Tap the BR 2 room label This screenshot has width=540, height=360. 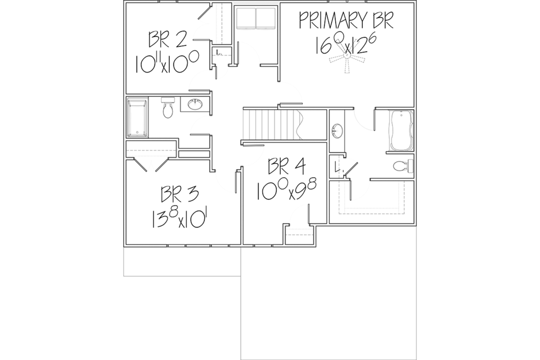(167, 39)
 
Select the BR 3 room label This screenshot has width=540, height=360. (180, 194)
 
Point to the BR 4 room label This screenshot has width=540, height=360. (287, 166)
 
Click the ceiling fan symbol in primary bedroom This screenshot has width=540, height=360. (347, 57)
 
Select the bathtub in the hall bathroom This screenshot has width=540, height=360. (137, 117)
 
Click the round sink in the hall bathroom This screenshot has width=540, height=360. (195, 104)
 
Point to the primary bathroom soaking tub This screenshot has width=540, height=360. (401, 130)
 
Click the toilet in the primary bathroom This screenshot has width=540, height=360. (403, 166)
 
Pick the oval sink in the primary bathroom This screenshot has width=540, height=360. (337, 131)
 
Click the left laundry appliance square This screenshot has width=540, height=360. (246, 18)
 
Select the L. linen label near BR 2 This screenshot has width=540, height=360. (219, 52)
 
